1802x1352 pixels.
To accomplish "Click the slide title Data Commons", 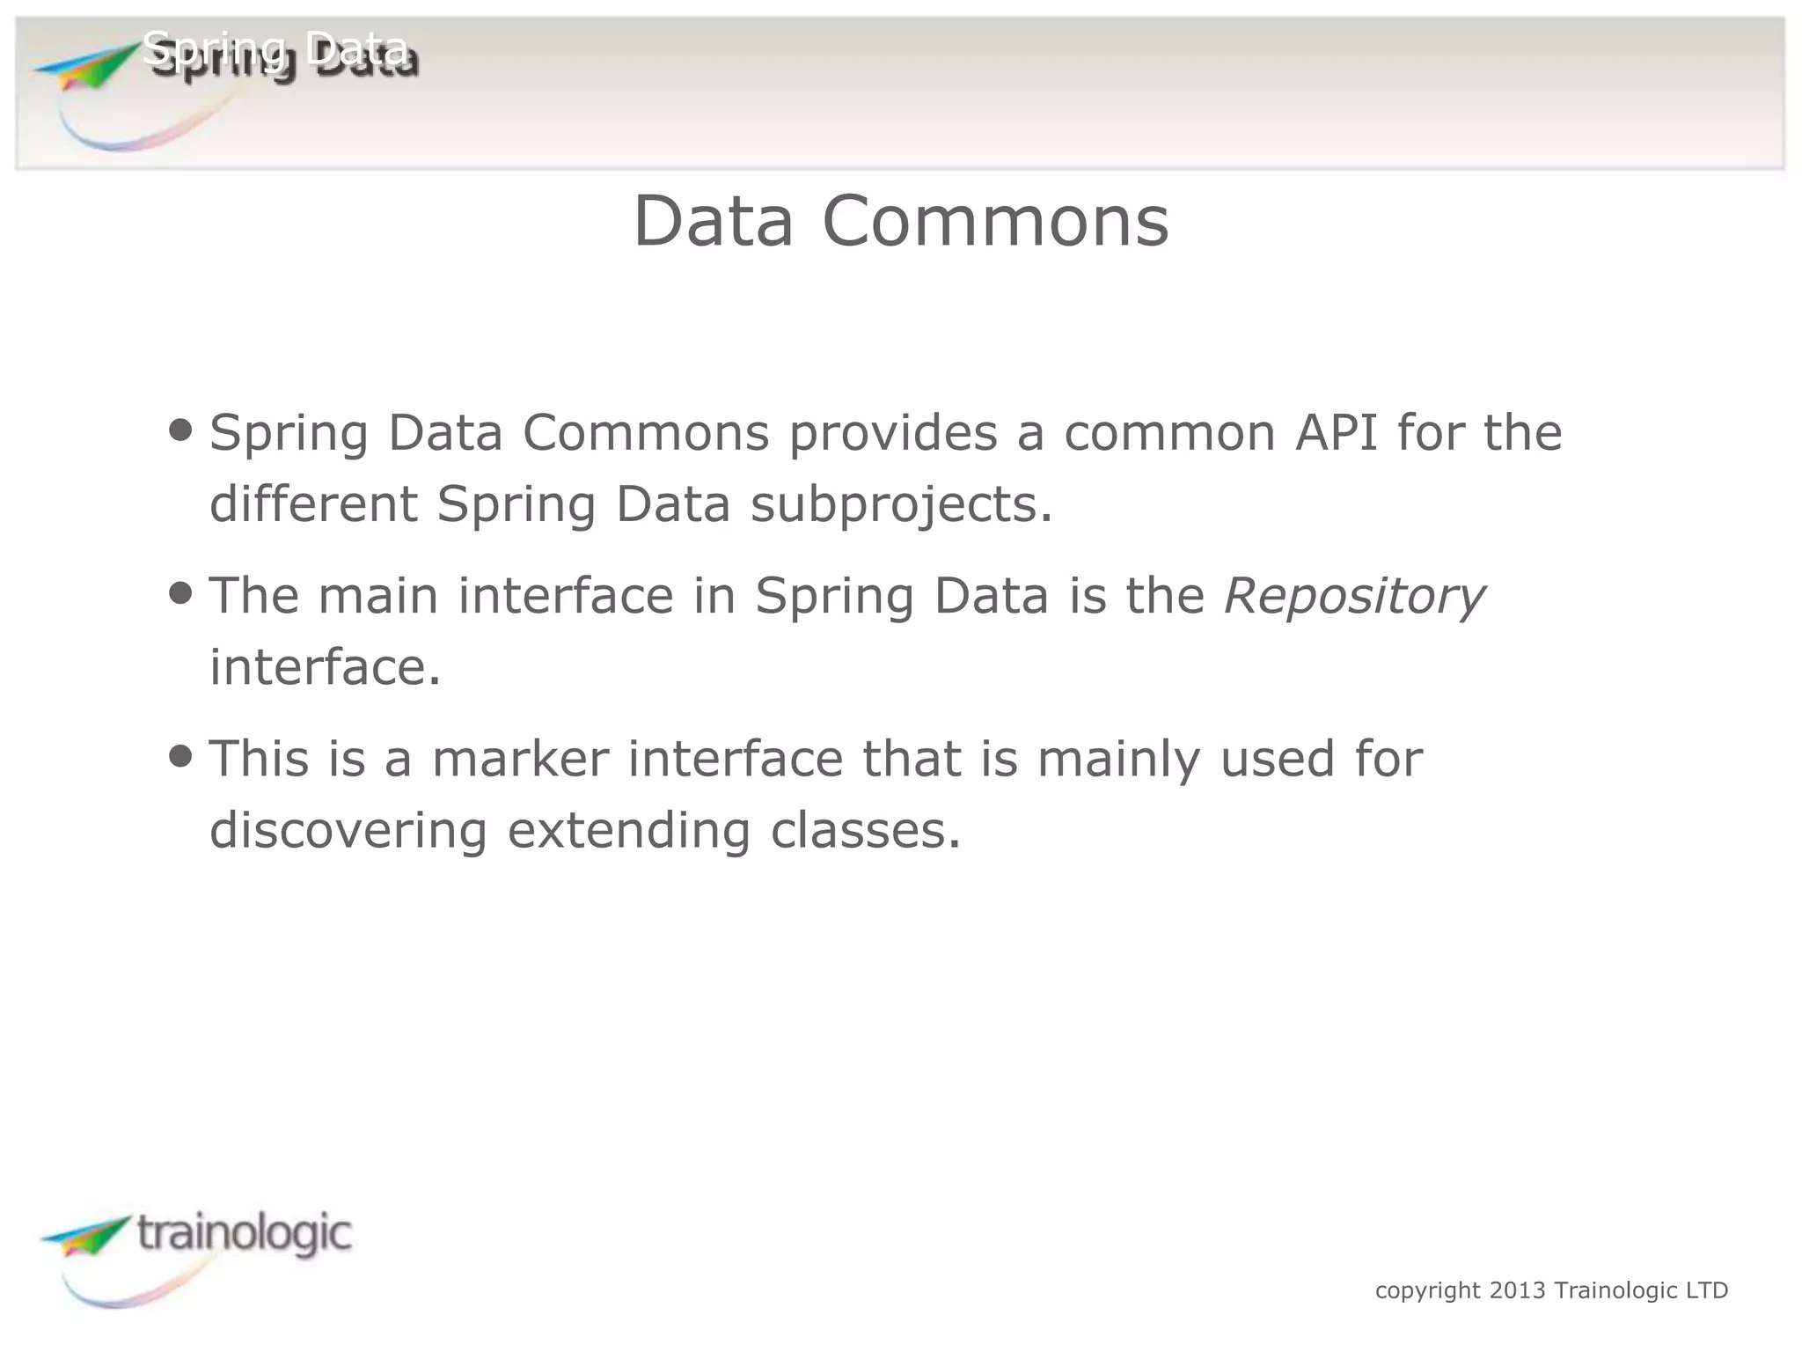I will pyautogui.click(x=901, y=222).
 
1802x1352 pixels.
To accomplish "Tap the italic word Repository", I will pyautogui.click(x=1354, y=596).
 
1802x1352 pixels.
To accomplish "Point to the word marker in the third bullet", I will pyautogui.click(x=520, y=759).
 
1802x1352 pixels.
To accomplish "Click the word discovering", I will pyautogui.click(x=348, y=830).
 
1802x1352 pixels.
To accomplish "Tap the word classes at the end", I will pyautogui.click(x=865, y=830).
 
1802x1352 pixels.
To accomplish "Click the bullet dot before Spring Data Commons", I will pyautogui.click(x=180, y=430).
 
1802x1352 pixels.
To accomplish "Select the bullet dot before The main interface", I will pyautogui.click(x=180, y=592).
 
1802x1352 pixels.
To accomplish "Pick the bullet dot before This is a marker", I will pyautogui.click(x=180, y=755).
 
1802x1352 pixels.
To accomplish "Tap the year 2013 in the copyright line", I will pyautogui.click(x=1517, y=1290).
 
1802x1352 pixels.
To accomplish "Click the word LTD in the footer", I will pyautogui.click(x=1707, y=1290).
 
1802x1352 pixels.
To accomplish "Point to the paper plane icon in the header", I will pyautogui.click(x=84, y=66).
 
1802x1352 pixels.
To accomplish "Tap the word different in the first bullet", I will pyautogui.click(x=313, y=505).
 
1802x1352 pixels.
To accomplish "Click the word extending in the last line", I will pyautogui.click(x=628, y=830).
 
